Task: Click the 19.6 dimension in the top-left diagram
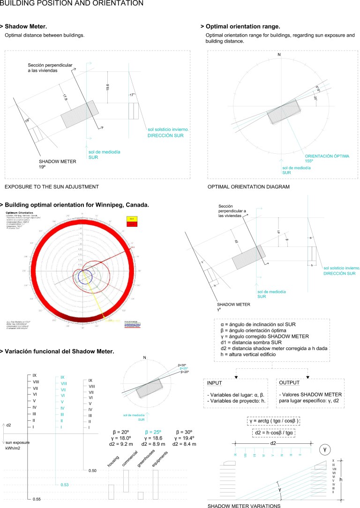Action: click(107, 87)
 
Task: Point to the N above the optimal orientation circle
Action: click(279, 55)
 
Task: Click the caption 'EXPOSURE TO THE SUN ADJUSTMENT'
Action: click(52, 187)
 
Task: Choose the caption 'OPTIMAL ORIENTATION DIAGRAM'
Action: click(248, 187)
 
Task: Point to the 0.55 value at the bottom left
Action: click(37, 500)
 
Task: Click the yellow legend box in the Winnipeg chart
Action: click(131, 218)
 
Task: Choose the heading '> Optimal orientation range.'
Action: click(240, 26)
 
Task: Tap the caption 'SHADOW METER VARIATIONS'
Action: click(244, 506)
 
